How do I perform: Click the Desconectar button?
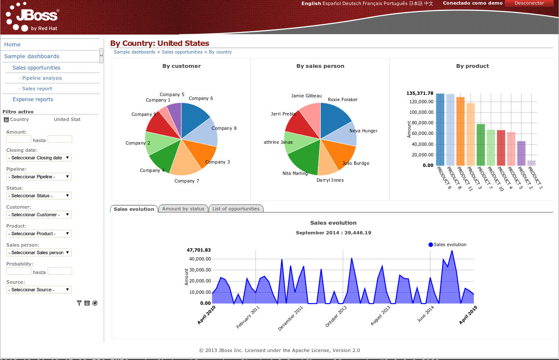[x=529, y=3]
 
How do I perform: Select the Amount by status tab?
[x=183, y=209]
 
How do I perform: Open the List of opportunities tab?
[x=236, y=209]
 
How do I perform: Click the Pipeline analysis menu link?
[x=42, y=78]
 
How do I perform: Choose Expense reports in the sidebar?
[x=33, y=99]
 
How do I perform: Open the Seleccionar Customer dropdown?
[x=39, y=215]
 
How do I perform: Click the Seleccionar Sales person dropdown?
[x=39, y=253]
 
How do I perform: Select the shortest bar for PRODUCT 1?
[x=531, y=163]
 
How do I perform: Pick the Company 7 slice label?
[x=187, y=181]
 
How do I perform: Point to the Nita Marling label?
[x=295, y=173]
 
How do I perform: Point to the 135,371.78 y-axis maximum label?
[x=420, y=93]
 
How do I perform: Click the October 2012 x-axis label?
[x=336, y=317]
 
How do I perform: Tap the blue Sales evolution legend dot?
[x=430, y=244]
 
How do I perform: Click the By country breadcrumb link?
[x=220, y=52]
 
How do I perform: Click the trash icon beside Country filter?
[x=6, y=120]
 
